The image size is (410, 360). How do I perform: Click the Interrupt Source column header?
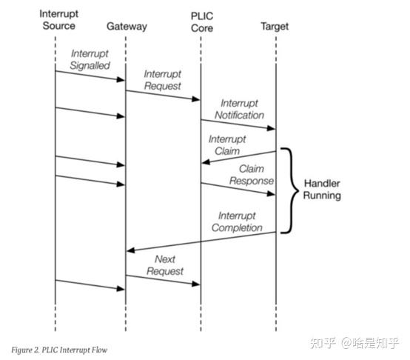(56, 21)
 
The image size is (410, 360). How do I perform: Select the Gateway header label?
(127, 26)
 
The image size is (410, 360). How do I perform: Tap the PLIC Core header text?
(201, 21)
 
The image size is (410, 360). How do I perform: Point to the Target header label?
(275, 26)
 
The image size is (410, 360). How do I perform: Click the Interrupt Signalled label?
(90, 60)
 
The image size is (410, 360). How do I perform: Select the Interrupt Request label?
(162, 80)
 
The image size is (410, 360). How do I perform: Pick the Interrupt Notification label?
(239, 110)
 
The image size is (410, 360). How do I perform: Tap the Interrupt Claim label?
(227, 144)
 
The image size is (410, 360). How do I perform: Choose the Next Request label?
(164, 265)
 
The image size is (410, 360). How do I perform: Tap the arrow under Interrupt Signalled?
(90, 76)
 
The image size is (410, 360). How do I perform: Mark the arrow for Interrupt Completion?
(201, 241)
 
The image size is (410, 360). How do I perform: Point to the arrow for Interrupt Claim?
(238, 157)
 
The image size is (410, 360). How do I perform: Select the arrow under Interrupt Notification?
(238, 124)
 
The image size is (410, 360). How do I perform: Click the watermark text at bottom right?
(355, 342)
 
